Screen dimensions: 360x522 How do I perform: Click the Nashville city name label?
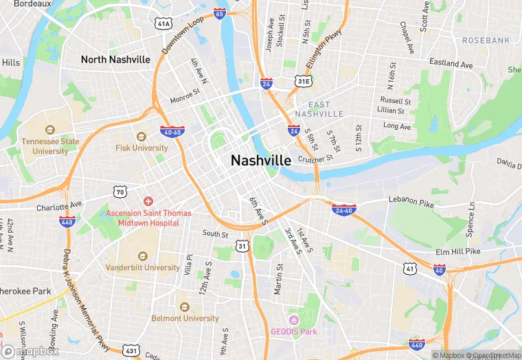[x=261, y=160]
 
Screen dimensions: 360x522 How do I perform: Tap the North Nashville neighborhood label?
[x=115, y=60]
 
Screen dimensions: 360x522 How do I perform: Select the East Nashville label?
[x=319, y=109]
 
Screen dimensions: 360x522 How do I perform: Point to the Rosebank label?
[x=486, y=41]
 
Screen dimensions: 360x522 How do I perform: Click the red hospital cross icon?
[x=148, y=201]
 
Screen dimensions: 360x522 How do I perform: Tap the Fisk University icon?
[x=141, y=137]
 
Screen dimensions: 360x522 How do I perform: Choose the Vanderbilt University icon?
[x=142, y=255]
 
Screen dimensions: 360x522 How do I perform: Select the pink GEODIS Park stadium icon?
[x=294, y=319]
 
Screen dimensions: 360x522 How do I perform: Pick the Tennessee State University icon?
[x=49, y=130]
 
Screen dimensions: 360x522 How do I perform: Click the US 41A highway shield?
[x=163, y=24]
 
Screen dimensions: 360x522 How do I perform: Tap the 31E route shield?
[x=303, y=82]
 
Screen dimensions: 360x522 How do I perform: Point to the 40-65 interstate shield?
[x=171, y=131]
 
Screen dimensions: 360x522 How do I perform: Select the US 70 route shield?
[x=120, y=192]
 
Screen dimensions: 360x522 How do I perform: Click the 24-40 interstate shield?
[x=343, y=209]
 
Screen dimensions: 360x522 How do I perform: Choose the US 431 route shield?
[x=132, y=350]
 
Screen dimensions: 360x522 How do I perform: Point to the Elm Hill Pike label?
[x=457, y=252]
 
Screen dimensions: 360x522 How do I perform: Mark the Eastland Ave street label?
[x=451, y=64]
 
